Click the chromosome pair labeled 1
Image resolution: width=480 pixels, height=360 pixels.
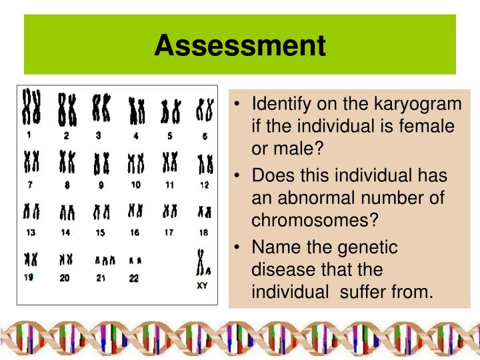31,108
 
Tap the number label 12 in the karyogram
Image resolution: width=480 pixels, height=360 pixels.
205,185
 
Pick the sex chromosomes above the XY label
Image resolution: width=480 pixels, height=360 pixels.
203,263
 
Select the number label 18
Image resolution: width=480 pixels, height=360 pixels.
204,233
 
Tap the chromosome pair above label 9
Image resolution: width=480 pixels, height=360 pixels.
101,162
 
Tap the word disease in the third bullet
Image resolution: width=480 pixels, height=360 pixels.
279,270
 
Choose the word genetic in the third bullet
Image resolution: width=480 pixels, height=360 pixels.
369,247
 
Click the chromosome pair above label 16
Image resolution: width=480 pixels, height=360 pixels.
135,211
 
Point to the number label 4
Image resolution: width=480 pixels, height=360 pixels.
135,136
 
